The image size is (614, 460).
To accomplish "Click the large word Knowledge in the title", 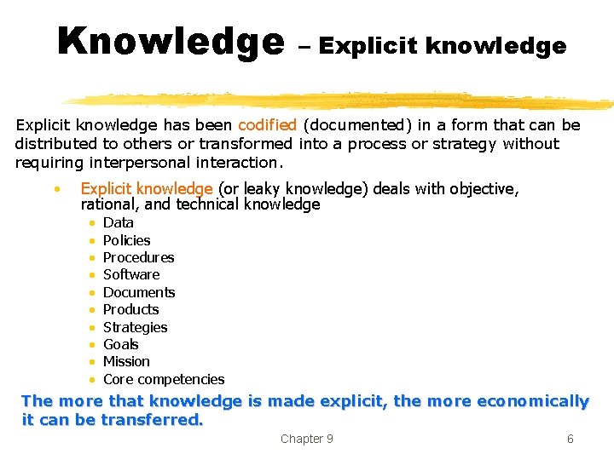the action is click(171, 42).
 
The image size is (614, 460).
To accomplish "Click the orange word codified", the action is click(267, 124).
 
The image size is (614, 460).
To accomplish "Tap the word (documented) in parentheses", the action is click(357, 125).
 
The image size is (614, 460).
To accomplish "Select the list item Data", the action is click(119, 222).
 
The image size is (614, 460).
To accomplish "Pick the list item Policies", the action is click(126, 240).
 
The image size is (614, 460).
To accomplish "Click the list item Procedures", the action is click(139, 257).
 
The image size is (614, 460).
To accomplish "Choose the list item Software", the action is click(131, 274).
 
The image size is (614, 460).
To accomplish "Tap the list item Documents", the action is click(139, 292).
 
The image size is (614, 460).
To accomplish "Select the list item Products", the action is click(130, 309).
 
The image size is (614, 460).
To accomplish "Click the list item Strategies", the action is click(135, 327).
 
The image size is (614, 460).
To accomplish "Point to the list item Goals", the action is click(120, 344).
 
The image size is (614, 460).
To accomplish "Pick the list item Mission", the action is click(126, 361).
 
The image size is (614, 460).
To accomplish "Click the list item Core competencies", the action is click(164, 379).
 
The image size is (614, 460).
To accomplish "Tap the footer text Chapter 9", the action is click(307, 439).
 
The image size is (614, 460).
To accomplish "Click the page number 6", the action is click(571, 439).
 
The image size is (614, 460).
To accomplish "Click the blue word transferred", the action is click(152, 420).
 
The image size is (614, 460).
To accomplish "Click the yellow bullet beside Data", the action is click(92, 223).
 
